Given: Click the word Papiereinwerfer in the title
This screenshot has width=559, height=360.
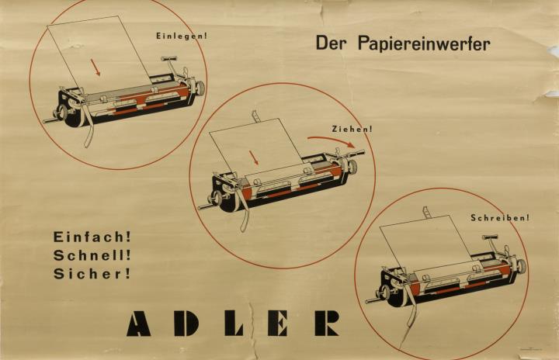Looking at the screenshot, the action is pos(424,44).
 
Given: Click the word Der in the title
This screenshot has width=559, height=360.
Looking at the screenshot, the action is pos(330,43).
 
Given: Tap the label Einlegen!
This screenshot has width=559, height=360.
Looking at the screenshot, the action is pos(182,36).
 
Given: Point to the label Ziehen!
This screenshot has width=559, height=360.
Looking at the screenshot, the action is pos(352,129).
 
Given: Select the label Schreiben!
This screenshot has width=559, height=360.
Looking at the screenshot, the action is pos(500,217).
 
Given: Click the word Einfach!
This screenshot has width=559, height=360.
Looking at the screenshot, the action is pos(92,237).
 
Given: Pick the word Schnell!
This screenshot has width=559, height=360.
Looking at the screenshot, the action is pos(92,255).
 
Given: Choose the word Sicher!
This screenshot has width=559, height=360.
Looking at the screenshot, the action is pos(92,274).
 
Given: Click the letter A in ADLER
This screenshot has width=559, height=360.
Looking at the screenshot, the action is pos(139,324).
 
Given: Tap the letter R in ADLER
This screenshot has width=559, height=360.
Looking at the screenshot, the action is pos(327,324).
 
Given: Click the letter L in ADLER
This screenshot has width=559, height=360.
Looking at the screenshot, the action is pos(233,324).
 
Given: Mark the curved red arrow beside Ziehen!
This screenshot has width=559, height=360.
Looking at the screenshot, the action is pos(332,140).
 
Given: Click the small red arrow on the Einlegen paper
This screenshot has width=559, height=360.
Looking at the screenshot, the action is pos(95,67).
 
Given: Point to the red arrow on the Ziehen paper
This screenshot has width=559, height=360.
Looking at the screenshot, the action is pos(254,157).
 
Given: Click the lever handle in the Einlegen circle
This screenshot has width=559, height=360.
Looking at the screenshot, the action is pos(169,58).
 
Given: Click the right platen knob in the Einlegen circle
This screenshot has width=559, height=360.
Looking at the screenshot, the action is pos(200,87).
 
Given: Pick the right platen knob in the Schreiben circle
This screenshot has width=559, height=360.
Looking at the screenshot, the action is pos(521,265).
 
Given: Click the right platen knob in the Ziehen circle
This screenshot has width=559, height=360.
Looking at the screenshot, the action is pos(352,167).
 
